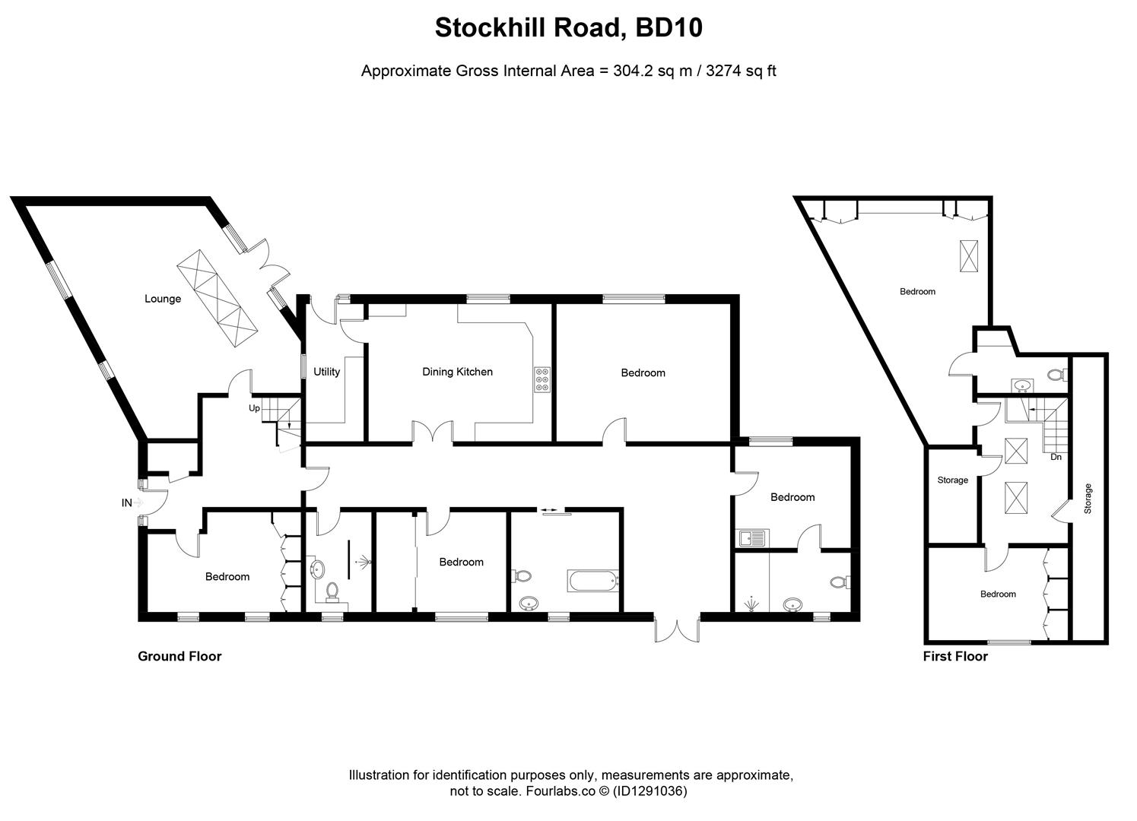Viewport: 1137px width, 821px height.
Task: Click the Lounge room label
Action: pos(163,299)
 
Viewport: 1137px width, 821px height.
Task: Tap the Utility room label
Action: pos(326,372)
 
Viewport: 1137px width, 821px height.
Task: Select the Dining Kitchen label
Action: pos(457,372)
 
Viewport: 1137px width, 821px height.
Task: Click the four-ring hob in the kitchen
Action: pos(543,379)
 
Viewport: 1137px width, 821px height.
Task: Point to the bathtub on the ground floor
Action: pos(595,582)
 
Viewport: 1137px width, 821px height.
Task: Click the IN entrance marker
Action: pos(126,502)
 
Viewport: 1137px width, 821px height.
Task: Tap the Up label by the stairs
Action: pos(254,408)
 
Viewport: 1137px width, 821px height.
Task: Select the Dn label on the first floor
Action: pos(1056,457)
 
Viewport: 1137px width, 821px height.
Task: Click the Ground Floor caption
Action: pos(179,656)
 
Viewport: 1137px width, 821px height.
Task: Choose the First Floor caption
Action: pos(955,656)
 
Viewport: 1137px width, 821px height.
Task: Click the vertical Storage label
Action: pos(1088,499)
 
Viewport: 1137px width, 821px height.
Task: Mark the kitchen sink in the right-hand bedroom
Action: pos(752,538)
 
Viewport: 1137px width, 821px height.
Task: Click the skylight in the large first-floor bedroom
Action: pos(970,255)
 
